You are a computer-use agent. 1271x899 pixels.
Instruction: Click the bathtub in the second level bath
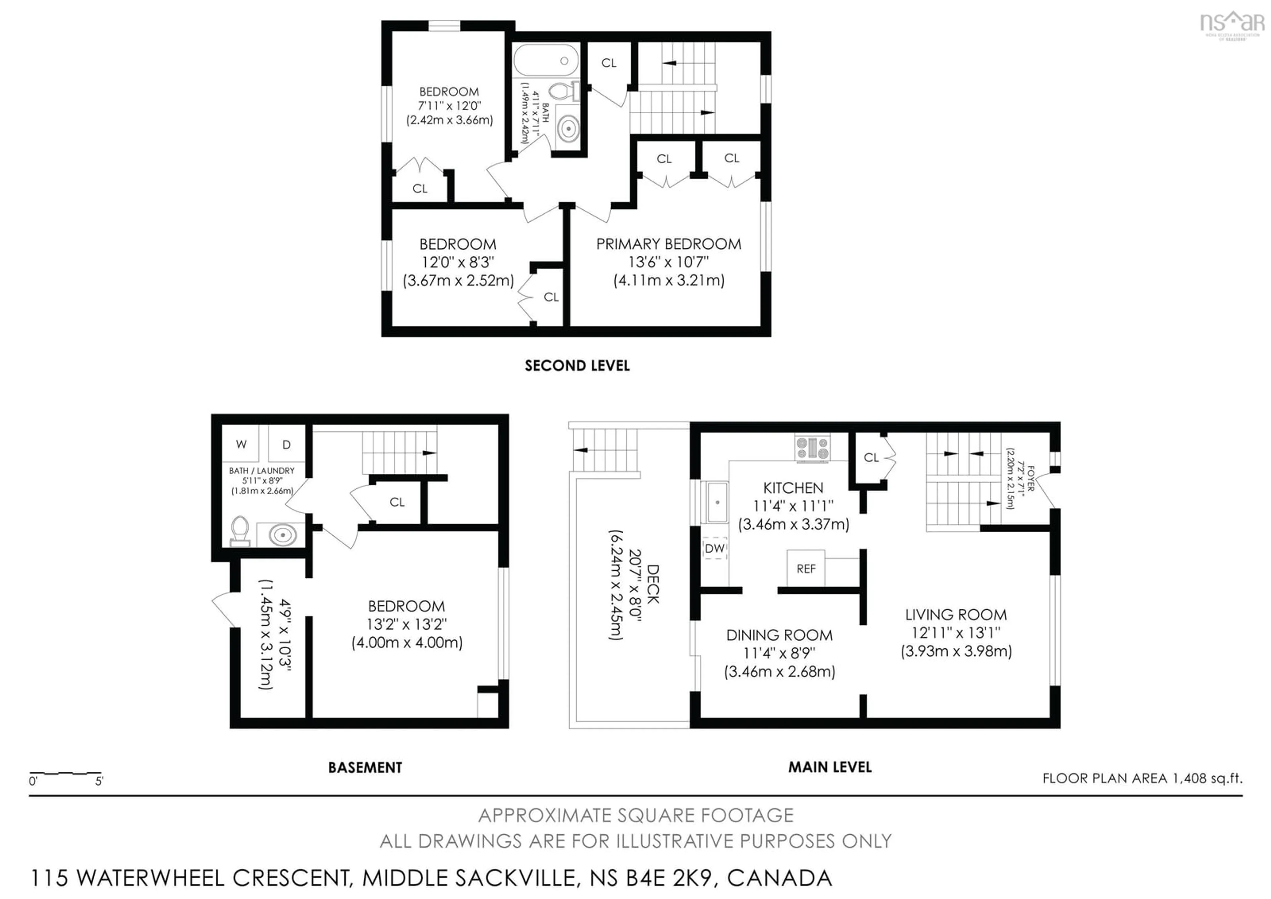tap(546, 60)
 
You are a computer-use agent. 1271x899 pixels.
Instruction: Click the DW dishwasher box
tap(715, 548)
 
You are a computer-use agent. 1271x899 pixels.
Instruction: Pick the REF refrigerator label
tap(806, 569)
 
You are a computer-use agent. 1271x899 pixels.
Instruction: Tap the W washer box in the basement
tap(241, 444)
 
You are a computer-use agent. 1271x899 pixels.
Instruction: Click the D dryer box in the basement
tap(287, 444)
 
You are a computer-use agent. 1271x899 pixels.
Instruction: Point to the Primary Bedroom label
tap(668, 244)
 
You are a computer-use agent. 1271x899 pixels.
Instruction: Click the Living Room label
tap(956, 615)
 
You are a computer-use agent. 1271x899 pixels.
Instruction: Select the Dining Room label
tap(779, 635)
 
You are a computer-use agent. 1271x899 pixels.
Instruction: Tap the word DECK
tap(653, 584)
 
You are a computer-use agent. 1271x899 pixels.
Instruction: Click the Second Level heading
tap(577, 366)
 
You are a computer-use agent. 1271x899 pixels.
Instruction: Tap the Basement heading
tap(365, 768)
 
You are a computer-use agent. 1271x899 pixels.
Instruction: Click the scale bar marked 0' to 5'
tap(65, 773)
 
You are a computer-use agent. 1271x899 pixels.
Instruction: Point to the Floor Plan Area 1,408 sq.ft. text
tap(1142, 778)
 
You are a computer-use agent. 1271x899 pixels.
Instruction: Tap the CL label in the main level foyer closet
tap(871, 457)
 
